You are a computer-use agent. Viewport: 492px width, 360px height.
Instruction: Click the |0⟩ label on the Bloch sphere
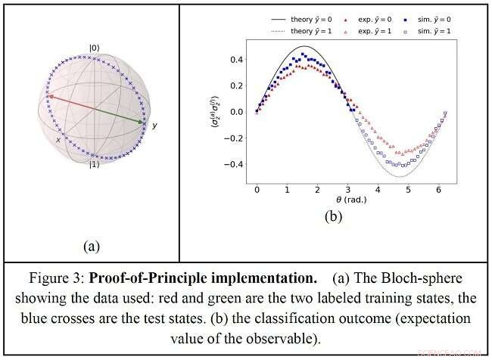[94, 48]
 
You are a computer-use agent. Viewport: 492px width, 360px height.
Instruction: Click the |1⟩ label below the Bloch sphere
[93, 164]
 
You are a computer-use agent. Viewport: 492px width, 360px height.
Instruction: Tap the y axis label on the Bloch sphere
[154, 125]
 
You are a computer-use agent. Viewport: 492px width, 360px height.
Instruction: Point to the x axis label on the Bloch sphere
[58, 140]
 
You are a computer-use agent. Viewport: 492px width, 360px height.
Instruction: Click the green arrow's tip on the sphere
[143, 121]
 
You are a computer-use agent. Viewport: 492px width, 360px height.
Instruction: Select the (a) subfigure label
[92, 246]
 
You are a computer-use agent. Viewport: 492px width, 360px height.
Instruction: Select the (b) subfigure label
[334, 216]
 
